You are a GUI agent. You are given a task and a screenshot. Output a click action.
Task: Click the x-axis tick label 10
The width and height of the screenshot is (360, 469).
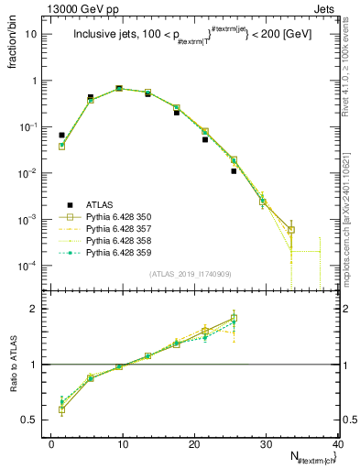tap(123, 444)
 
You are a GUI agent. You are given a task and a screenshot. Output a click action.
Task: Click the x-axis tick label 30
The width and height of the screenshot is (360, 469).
tap(267, 444)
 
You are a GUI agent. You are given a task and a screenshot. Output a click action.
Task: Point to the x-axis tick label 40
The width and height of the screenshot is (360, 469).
tap(337, 444)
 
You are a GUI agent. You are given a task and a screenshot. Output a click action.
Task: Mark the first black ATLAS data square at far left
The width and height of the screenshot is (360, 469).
tap(62, 135)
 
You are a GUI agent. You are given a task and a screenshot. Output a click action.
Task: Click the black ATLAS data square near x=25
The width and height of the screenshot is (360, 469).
tap(234, 170)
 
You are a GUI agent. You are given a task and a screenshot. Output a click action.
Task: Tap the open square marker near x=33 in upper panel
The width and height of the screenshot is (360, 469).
tap(291, 230)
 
